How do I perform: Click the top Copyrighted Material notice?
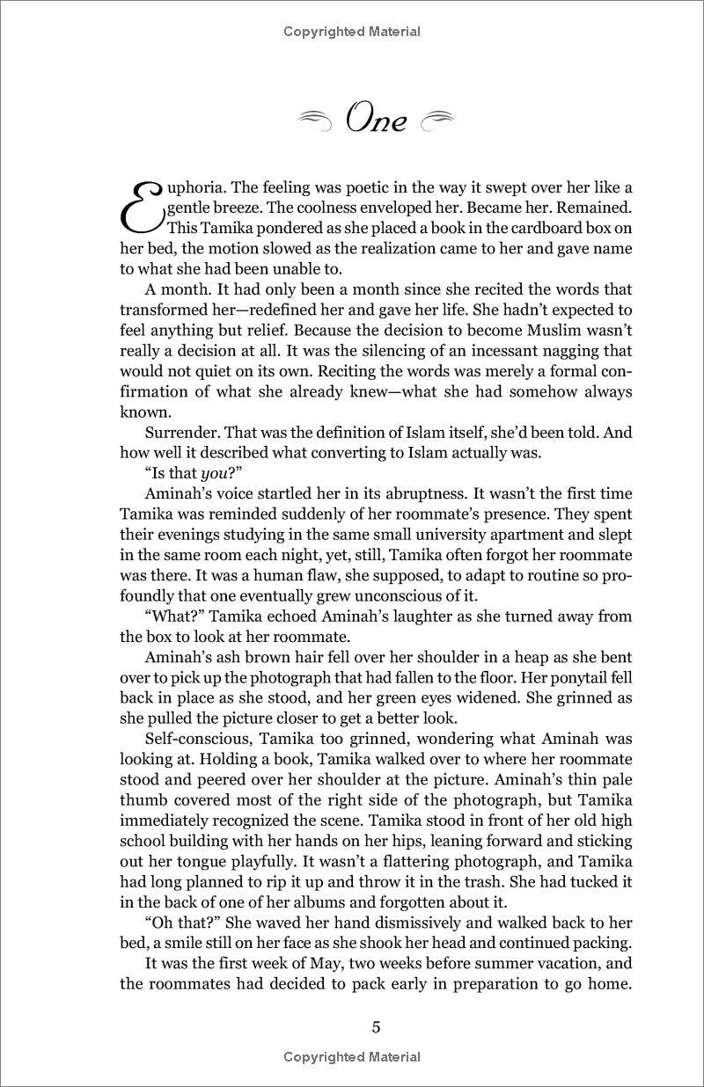352,32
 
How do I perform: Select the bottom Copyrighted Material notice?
352,1056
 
